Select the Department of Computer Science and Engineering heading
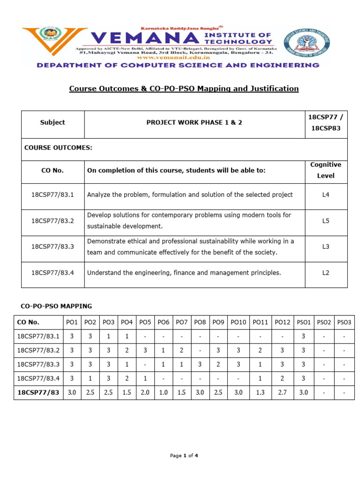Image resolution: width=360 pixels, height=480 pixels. coord(178,66)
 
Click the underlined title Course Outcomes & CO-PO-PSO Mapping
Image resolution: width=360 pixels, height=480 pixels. coord(184,88)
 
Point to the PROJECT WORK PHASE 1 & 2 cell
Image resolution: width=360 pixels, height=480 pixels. coord(195,122)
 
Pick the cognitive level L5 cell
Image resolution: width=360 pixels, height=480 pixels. coord(326,220)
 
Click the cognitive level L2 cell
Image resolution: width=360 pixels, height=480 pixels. coord(326,272)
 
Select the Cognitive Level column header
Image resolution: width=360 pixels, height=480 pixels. coord(326,170)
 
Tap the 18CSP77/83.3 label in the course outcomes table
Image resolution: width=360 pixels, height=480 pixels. coord(52,247)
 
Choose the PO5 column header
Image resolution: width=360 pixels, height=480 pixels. coord(145,322)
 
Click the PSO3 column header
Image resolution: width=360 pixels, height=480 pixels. coord(344,322)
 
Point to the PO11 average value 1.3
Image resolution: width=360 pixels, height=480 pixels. coord(260,392)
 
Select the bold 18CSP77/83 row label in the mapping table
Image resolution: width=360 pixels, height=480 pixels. coord(38,392)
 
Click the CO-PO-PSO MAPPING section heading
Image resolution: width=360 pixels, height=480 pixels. coord(56,306)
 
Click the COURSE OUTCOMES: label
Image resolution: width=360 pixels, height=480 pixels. coord(58,148)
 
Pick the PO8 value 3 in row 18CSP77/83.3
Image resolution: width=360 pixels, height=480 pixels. coord(200,364)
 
